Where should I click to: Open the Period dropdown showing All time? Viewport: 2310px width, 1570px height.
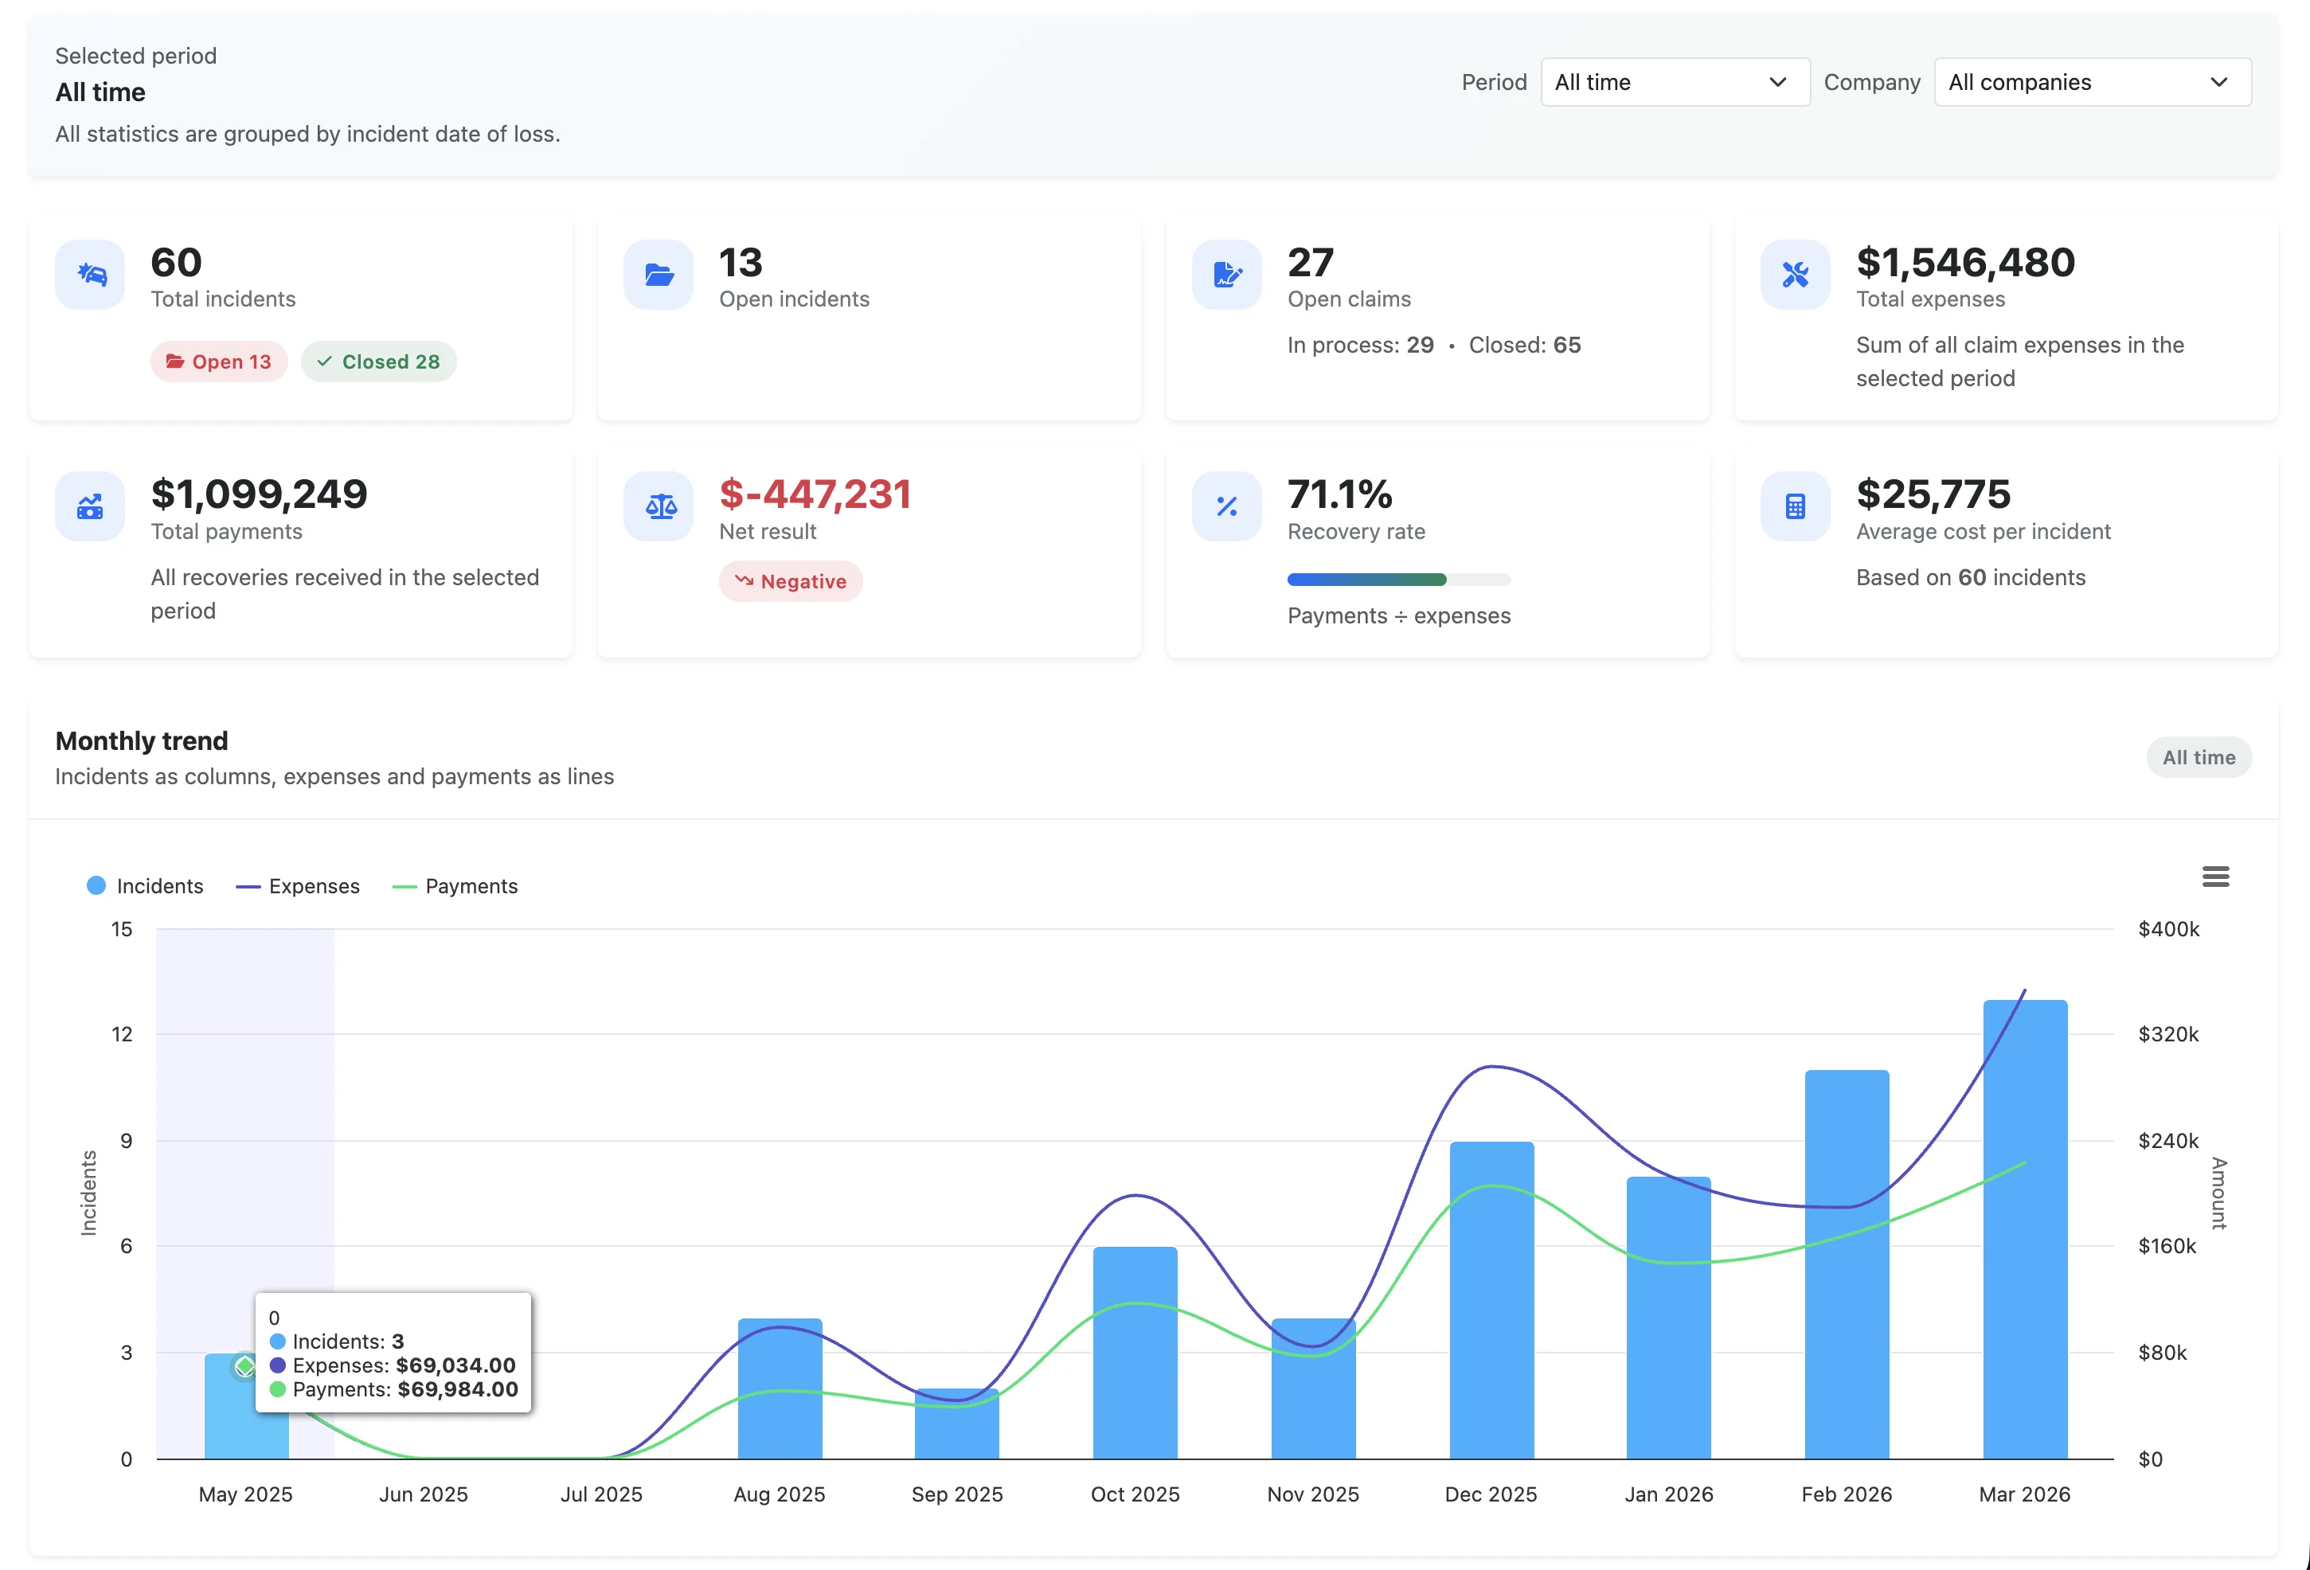click(x=1674, y=83)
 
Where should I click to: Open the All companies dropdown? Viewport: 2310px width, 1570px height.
click(x=2091, y=83)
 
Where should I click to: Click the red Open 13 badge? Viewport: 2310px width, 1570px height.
click(x=219, y=361)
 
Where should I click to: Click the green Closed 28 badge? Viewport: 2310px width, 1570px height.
click(x=379, y=361)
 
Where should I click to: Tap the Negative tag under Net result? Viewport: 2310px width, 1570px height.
click(x=790, y=581)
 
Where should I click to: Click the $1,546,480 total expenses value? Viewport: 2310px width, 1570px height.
click(x=1965, y=262)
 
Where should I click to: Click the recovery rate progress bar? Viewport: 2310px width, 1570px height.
click(x=1397, y=580)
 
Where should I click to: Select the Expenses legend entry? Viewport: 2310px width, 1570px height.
click(x=298, y=886)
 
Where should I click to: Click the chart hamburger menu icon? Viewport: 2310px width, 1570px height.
click(x=2214, y=877)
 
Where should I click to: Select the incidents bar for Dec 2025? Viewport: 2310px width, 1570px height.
click(x=1491, y=1302)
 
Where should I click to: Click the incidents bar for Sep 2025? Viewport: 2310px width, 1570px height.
click(x=956, y=1426)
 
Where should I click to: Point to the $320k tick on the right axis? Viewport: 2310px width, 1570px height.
click(x=2167, y=1034)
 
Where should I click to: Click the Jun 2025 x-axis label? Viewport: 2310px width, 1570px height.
click(x=424, y=1494)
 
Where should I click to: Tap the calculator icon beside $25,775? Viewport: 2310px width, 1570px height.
click(x=1794, y=507)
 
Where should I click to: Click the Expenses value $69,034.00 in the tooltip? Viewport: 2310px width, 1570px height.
click(x=455, y=1365)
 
